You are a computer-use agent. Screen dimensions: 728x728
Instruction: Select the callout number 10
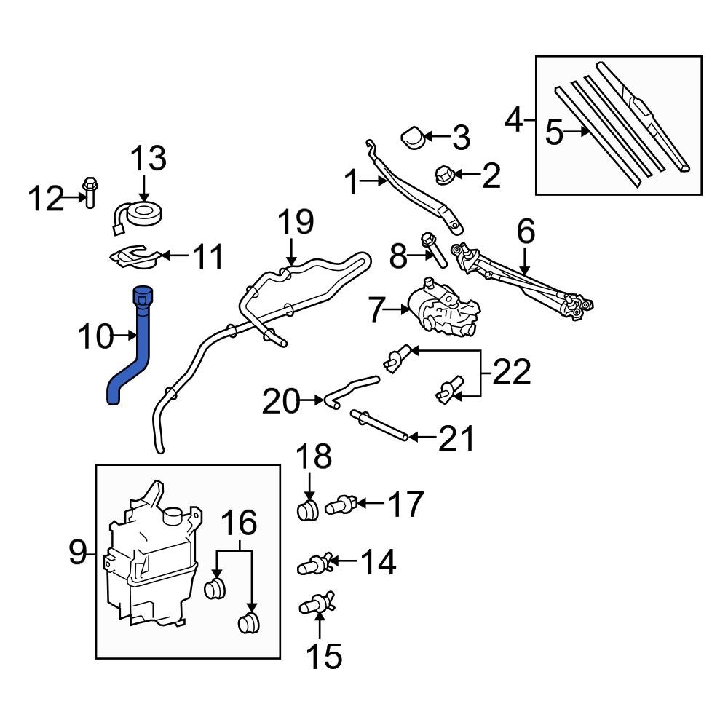[x=96, y=336]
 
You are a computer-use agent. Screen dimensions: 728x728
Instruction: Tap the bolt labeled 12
[x=89, y=191]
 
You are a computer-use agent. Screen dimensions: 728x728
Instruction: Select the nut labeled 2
[x=443, y=174]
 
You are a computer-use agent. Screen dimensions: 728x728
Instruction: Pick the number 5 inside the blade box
[x=554, y=133]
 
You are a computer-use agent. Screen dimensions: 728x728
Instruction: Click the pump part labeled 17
[x=342, y=504]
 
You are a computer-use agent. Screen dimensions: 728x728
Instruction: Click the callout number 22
[x=510, y=373]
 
